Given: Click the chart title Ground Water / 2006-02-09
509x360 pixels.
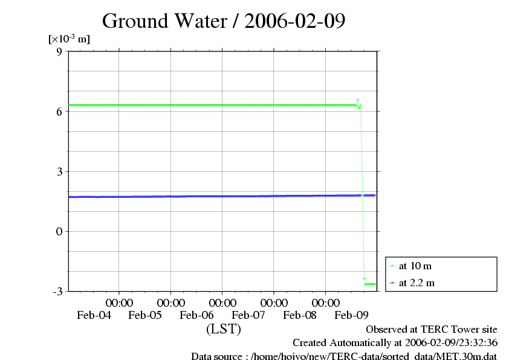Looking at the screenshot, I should point(224,21).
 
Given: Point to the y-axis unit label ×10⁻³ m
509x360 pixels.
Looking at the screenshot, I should point(69,39).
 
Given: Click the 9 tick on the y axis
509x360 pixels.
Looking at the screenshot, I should point(59,51).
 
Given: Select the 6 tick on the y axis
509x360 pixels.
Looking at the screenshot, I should point(59,111).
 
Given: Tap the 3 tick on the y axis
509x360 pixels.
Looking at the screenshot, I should point(59,171).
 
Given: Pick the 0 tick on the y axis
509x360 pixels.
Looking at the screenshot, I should point(59,231).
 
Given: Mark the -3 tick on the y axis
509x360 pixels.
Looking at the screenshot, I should point(57,291).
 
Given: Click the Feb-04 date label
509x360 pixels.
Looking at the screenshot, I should point(94,315).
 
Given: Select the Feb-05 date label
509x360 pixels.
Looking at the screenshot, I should point(145,315).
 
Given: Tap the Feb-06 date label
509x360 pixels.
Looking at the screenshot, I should point(197,315).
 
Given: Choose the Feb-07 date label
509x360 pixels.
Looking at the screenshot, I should point(248,315).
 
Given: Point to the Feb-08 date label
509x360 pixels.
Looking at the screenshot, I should point(300,315).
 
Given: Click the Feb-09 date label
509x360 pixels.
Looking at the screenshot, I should point(352,315).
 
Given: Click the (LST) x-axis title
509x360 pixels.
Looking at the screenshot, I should point(223,329).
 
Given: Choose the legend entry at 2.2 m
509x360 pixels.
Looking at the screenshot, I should point(416,283).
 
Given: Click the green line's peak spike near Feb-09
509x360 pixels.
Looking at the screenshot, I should point(357,100).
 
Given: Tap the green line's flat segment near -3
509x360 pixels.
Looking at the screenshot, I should point(370,284).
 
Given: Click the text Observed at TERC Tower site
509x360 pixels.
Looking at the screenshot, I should point(432,330).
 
